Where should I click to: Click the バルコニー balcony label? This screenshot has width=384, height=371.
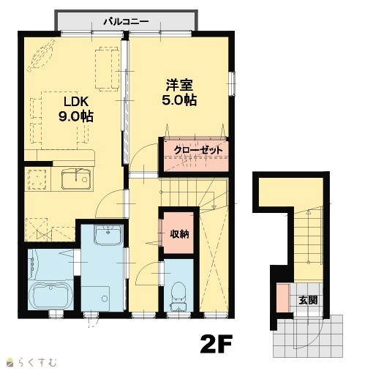pos(126,22)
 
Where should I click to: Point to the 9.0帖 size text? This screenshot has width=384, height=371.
pos(75,116)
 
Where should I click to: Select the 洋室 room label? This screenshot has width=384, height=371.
pos(179,85)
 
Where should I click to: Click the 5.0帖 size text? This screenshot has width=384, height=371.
pos(179,100)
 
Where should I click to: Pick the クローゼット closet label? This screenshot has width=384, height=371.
pos(198,150)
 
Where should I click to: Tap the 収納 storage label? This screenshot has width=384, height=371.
pos(179,234)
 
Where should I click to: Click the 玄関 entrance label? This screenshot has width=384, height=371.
pos(308,300)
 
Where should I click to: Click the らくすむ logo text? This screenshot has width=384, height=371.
pos(37,362)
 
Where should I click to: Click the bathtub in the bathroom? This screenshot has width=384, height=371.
pos(50,296)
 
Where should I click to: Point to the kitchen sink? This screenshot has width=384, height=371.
pos(76,179)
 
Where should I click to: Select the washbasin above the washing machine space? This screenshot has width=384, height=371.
pos(108,235)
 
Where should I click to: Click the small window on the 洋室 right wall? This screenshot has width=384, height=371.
pos(232,83)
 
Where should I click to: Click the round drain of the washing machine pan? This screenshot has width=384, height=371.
pos(105,299)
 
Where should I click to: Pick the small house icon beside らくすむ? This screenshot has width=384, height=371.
pos(10,363)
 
